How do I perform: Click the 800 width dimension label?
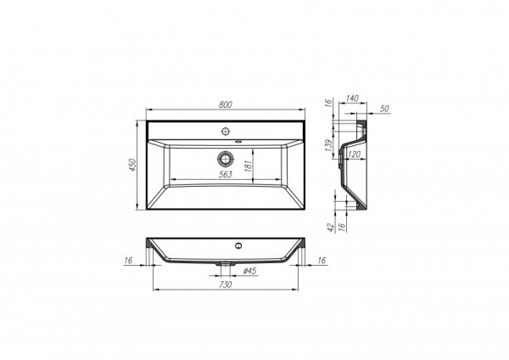[x=226, y=104]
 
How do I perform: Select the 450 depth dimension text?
[x=133, y=164]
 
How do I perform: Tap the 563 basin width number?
[x=226, y=174]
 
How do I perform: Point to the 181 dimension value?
[x=248, y=166]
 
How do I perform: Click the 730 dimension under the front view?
[x=226, y=285]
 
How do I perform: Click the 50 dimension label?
[x=384, y=110]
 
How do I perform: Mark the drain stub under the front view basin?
[x=225, y=263]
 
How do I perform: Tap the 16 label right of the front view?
[x=322, y=262]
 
